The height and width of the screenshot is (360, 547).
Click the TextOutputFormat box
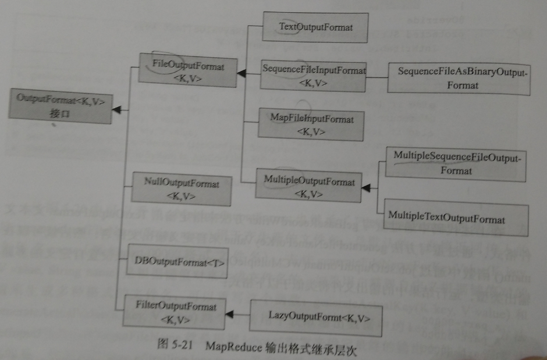pos(315,26)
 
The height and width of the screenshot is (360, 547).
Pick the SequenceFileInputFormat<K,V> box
pos(313,76)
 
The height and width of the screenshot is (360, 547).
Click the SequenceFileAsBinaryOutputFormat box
pos(459,79)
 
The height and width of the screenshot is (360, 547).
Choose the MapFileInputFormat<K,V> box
pos(311,124)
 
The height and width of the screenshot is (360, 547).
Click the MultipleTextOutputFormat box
pos(446,219)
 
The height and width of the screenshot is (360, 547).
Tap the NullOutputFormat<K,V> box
pos(181,190)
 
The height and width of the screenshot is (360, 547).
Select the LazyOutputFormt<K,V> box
pos(317,318)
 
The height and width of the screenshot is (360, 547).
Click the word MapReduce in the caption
pos(232,344)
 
